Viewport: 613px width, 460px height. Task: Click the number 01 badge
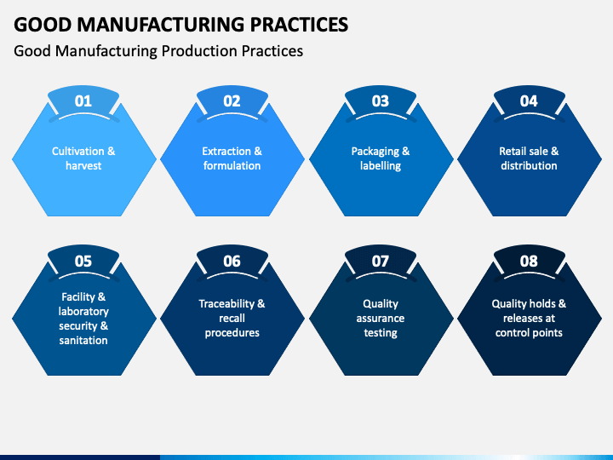pyautogui.click(x=83, y=101)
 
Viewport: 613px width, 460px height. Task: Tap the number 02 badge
pyautogui.click(x=232, y=101)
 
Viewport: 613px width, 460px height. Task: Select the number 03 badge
pyautogui.click(x=381, y=101)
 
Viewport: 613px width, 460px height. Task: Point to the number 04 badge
pyautogui.click(x=529, y=101)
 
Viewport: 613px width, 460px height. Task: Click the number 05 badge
pyautogui.click(x=83, y=262)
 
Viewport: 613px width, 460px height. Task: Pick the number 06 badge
pyautogui.click(x=232, y=262)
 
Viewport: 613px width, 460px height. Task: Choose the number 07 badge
pyautogui.click(x=381, y=262)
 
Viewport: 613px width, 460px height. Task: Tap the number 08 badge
pyautogui.click(x=529, y=262)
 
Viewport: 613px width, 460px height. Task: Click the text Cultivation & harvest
pyautogui.click(x=83, y=158)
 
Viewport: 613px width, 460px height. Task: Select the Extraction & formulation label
pyautogui.click(x=232, y=158)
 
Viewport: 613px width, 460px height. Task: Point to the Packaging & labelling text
pyautogui.click(x=381, y=158)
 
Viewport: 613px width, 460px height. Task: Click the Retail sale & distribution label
pyautogui.click(x=529, y=158)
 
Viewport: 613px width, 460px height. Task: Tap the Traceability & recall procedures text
pyautogui.click(x=232, y=318)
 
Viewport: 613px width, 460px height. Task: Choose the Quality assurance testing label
pyautogui.click(x=381, y=318)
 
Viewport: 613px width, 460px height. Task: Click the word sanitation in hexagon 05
pyautogui.click(x=83, y=341)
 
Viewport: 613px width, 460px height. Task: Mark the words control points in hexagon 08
pyautogui.click(x=529, y=333)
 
